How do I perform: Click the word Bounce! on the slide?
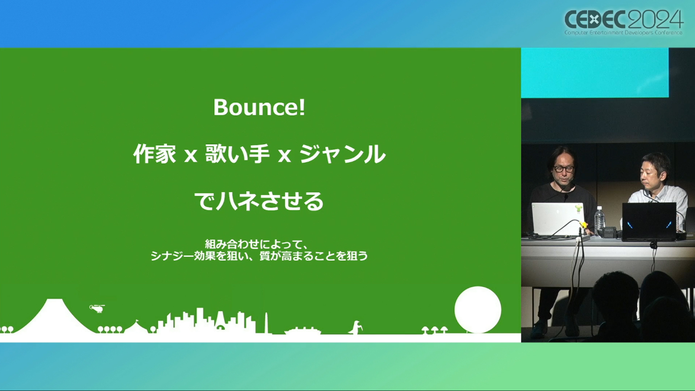coord(259,108)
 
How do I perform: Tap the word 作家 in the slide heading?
coord(155,154)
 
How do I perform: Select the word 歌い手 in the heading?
coord(237,154)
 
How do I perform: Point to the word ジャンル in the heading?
coord(342,154)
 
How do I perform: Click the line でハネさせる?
coord(259,201)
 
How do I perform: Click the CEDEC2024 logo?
coord(624,22)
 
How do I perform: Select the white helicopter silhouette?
coord(97,308)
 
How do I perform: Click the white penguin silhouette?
coord(355,327)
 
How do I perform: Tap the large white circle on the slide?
coord(478,310)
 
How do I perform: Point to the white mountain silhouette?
coord(54,317)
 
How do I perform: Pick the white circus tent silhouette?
coord(136,327)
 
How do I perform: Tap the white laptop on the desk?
coord(558,219)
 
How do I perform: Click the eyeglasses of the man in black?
coord(564,169)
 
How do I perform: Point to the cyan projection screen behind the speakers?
coord(595,72)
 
